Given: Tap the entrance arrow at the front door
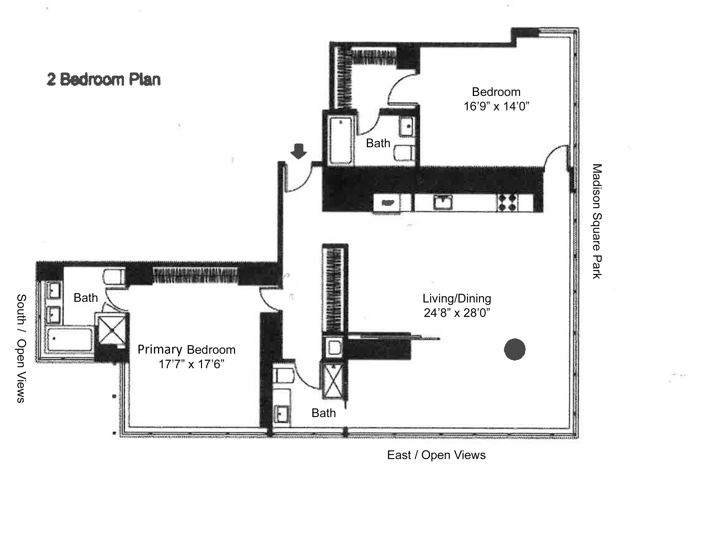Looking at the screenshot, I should tap(299, 151).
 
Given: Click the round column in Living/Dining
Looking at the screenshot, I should tap(514, 350).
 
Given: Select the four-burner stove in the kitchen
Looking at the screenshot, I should tap(507, 202).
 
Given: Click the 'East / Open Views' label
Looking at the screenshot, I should tap(436, 455).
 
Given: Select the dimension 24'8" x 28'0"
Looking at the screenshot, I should tap(457, 313).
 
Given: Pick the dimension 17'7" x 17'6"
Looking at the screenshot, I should tap(191, 364).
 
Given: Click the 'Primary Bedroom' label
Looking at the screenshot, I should tap(186, 350).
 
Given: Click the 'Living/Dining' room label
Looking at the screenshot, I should tap(457, 298).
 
